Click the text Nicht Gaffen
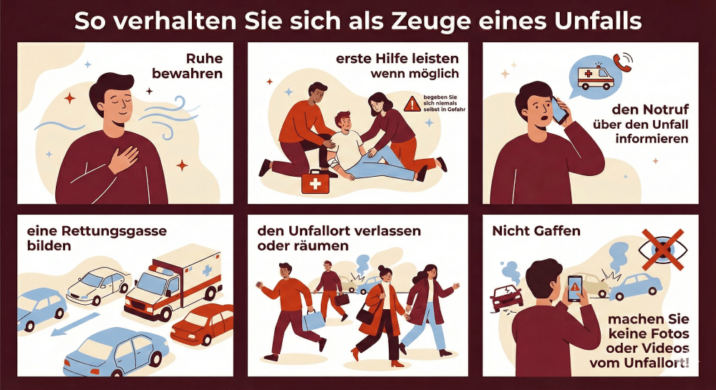pos(526,231)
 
